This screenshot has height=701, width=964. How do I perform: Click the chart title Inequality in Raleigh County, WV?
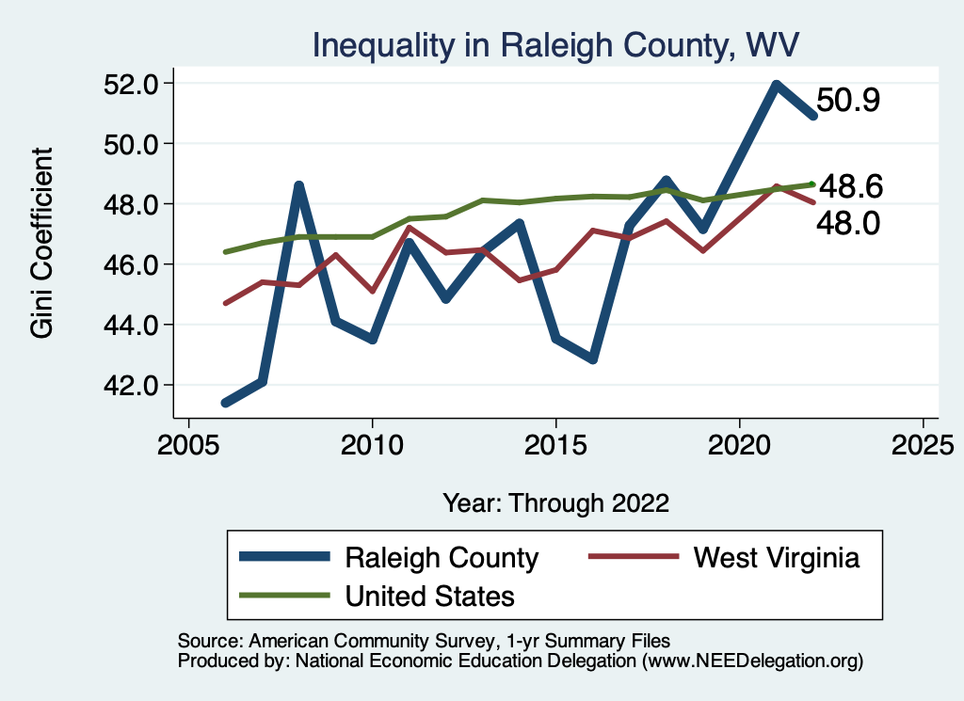coord(555,44)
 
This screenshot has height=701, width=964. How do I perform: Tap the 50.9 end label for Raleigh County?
coord(847,100)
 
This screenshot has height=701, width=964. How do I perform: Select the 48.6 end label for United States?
coord(849,186)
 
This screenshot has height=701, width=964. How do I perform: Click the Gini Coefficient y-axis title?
coord(42,243)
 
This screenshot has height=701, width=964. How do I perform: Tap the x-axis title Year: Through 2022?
coord(555,502)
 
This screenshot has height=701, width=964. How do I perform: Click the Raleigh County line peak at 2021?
coord(777,86)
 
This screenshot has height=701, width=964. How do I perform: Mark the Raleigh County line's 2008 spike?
coord(298,185)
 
